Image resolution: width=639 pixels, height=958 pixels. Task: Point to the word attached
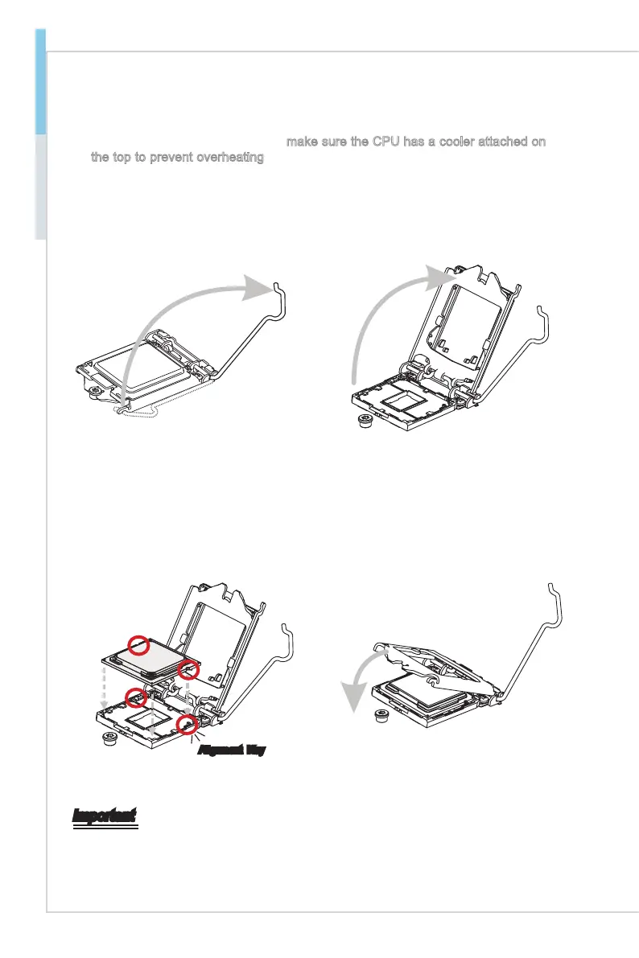[509, 142]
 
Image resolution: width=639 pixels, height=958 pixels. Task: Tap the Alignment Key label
[232, 750]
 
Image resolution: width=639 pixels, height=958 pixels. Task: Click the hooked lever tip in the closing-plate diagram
[552, 586]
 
